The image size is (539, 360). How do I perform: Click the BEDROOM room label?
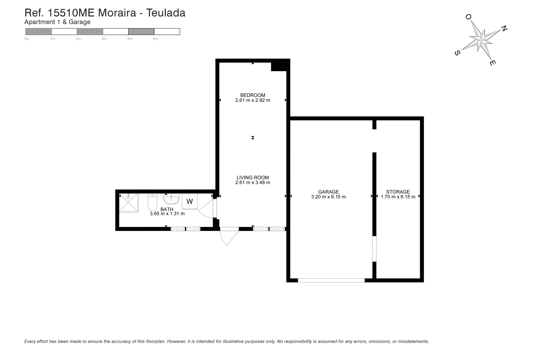pyautogui.click(x=253, y=95)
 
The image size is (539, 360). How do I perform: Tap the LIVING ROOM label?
pyautogui.click(x=253, y=178)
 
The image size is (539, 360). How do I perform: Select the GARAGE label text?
pyautogui.click(x=328, y=192)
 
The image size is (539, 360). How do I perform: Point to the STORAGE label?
pyautogui.click(x=398, y=192)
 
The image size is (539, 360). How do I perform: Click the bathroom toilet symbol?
pyautogui.click(x=152, y=202)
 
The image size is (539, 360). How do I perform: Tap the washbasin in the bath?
pyautogui.click(x=171, y=199)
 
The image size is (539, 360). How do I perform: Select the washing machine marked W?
pyautogui.click(x=190, y=201)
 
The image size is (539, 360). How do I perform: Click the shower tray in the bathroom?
pyautogui.click(x=129, y=203)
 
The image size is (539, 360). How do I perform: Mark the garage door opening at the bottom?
pyautogui.click(x=331, y=280)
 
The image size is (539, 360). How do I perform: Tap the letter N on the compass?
pyautogui.click(x=504, y=29)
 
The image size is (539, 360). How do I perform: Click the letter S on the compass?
pyautogui.click(x=457, y=53)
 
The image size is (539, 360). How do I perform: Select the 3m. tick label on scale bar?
pyautogui.click(x=104, y=39)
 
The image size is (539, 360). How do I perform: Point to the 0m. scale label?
pyautogui.click(x=27, y=39)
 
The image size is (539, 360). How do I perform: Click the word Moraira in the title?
pyautogui.click(x=117, y=13)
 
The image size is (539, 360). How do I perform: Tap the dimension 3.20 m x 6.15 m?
pyautogui.click(x=328, y=197)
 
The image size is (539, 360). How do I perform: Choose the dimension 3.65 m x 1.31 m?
pyautogui.click(x=167, y=214)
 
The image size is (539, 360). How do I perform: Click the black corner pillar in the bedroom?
pyautogui.click(x=279, y=67)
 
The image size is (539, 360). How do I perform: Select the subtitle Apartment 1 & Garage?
pyautogui.click(x=58, y=22)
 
